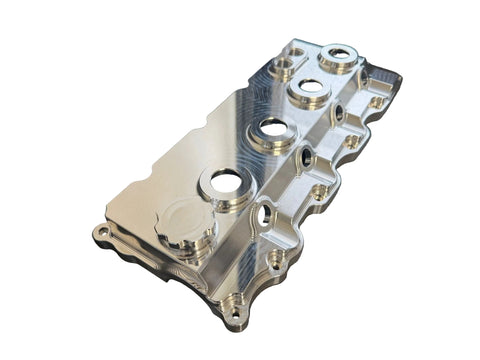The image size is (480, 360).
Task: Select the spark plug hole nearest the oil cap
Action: coord(226,182)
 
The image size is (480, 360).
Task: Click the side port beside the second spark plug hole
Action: coord(304,156)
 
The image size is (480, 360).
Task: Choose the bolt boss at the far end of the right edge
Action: coord(377,101)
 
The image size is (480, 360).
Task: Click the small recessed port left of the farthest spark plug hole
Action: coord(297,51)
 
